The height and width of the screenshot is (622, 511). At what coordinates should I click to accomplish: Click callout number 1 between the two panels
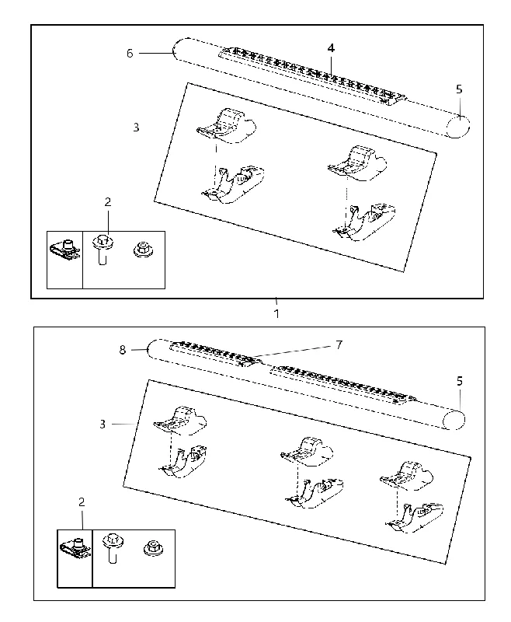pyautogui.click(x=276, y=313)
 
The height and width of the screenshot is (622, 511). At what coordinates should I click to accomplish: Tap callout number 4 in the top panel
pyautogui.click(x=331, y=48)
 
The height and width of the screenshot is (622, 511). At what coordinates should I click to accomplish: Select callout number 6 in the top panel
pyautogui.click(x=130, y=53)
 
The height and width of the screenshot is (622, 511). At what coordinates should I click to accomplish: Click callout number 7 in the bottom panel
pyautogui.click(x=339, y=345)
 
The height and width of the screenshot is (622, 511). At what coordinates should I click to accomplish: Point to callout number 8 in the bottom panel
pyautogui.click(x=123, y=350)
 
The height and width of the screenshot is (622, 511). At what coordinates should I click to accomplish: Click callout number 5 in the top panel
pyautogui.click(x=459, y=89)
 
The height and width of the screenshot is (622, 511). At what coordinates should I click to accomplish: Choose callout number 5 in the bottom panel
pyautogui.click(x=460, y=381)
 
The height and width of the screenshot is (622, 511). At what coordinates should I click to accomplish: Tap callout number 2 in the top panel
pyautogui.click(x=108, y=202)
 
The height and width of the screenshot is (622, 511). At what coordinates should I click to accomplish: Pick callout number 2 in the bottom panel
pyautogui.click(x=82, y=502)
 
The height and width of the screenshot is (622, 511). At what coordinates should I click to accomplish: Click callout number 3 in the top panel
pyautogui.click(x=136, y=128)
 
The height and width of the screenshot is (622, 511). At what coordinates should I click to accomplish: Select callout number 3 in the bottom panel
pyautogui.click(x=103, y=425)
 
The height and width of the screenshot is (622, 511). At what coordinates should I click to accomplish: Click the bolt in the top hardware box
pyautogui.click(x=103, y=250)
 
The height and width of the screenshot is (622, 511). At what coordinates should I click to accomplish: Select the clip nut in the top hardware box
pyautogui.click(x=66, y=248)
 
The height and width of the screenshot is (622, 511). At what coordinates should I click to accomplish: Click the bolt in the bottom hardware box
pyautogui.click(x=112, y=550)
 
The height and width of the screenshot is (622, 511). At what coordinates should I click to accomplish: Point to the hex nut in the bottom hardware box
pyautogui.click(x=152, y=547)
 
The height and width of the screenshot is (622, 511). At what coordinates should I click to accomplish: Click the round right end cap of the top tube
pyautogui.click(x=458, y=127)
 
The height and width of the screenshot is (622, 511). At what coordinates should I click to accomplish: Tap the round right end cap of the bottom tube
pyautogui.click(x=454, y=420)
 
